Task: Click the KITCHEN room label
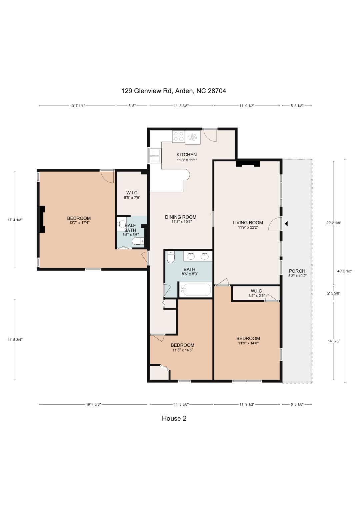point(186,155)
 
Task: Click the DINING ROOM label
point(180,217)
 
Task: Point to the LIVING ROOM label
point(248,222)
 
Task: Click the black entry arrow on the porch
point(286,224)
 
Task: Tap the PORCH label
point(297,271)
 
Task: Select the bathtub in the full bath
point(195,290)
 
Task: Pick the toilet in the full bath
point(170,257)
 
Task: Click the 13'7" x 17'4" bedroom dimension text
point(79,223)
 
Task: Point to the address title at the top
point(174,91)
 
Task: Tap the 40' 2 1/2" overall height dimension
point(345,271)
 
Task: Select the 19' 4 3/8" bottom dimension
point(93,404)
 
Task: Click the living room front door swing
point(275,224)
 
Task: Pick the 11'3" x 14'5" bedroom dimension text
point(183,350)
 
